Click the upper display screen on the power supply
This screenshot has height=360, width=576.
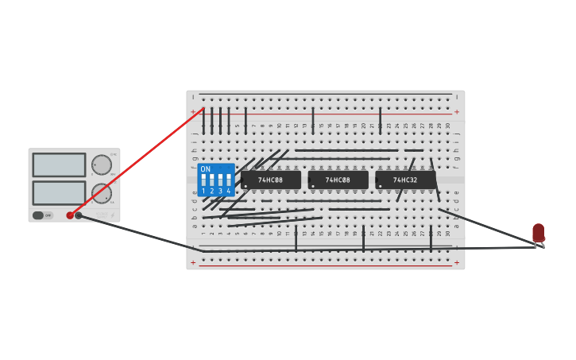pos(59,165)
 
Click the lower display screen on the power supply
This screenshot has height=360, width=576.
pos(59,192)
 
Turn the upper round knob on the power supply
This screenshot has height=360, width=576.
pos(101,165)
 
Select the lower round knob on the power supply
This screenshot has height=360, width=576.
pos(101,193)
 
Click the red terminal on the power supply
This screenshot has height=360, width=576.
pos(70,215)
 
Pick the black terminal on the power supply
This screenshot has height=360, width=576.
pos(79,215)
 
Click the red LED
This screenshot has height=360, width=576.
pos(538,232)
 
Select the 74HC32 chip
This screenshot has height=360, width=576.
pos(405,180)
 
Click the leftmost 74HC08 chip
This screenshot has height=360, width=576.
pos(271,180)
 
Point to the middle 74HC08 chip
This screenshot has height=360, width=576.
pos(338,180)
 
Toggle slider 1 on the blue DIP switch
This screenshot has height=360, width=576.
pos(203,180)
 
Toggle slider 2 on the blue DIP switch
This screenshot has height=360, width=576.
pos(211,180)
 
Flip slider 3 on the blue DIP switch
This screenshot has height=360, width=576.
pos(220,180)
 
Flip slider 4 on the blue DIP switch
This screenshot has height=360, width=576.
pos(229,180)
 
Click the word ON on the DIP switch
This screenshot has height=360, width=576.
pos(206,169)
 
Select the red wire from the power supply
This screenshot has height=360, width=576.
pos(135,162)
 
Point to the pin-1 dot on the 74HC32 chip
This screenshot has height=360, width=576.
pos(381,187)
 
